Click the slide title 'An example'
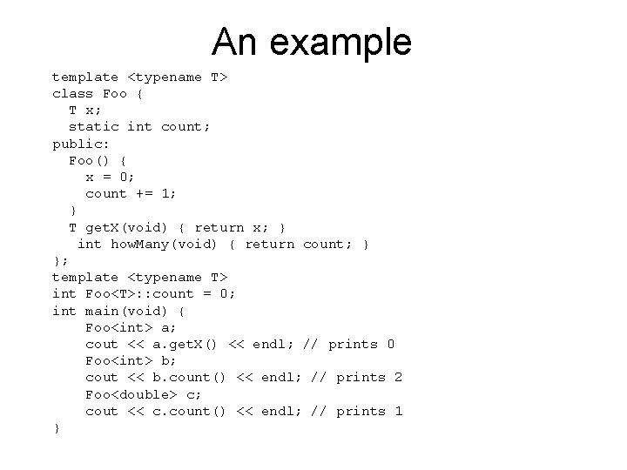(312, 42)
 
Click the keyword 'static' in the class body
(94, 127)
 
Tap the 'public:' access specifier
(81, 144)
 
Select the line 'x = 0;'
(111, 177)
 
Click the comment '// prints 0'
(348, 344)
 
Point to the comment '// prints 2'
(356, 377)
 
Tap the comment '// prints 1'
(356, 411)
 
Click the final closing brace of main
(57, 427)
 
